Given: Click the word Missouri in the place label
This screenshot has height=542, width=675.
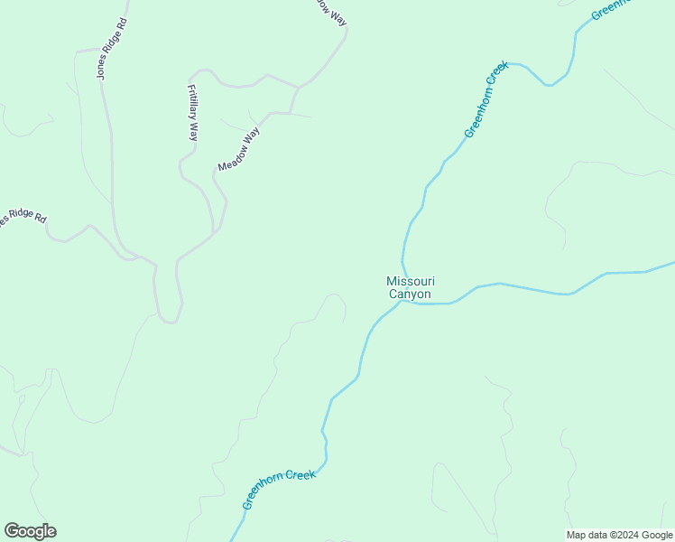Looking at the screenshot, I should point(411,282).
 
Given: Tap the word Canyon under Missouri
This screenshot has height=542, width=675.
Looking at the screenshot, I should point(411,294).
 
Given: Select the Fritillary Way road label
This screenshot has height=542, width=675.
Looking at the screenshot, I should point(192,112).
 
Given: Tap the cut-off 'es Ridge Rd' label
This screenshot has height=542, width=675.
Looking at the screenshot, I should point(23,217).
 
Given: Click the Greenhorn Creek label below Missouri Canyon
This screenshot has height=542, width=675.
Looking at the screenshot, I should point(279,488).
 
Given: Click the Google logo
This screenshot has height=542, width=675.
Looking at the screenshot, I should point(30,531).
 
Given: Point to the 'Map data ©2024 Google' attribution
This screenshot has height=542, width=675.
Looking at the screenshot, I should point(619,535).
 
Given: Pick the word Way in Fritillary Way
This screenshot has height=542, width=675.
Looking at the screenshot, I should point(192,132).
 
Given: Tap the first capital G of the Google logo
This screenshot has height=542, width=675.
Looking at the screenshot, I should point(11,531).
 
